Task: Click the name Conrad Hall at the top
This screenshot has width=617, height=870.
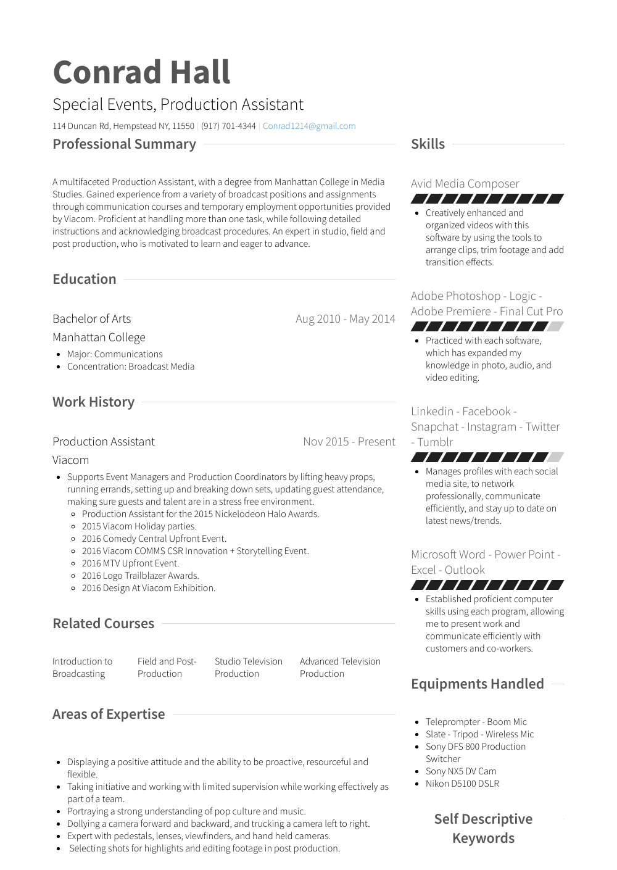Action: [x=141, y=72]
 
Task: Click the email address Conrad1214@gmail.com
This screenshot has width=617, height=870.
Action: [x=309, y=126]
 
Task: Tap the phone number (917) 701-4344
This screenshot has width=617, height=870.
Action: [x=228, y=126]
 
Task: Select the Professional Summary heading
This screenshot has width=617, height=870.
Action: [x=124, y=144]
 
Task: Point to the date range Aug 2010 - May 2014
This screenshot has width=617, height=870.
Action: [x=345, y=319]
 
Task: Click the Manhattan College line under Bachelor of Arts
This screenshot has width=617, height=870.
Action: [x=99, y=338]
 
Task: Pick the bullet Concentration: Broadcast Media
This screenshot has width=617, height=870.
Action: [x=131, y=367]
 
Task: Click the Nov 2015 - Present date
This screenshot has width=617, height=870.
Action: [x=349, y=442]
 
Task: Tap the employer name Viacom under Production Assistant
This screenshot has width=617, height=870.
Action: [x=70, y=460]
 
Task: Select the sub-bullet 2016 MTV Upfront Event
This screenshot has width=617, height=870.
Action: [x=130, y=563]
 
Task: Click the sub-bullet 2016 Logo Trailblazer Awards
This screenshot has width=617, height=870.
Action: [x=140, y=576]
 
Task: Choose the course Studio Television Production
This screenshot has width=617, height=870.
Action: [x=248, y=668]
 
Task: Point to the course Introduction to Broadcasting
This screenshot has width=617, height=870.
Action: [x=82, y=668]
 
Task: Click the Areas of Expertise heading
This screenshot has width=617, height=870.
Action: [x=109, y=715]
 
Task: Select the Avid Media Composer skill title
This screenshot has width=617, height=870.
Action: [x=465, y=184]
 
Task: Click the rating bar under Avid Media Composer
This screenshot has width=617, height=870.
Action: [x=487, y=199]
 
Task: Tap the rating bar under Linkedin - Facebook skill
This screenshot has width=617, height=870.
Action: [x=487, y=457]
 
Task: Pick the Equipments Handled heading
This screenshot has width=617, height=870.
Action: [x=477, y=684]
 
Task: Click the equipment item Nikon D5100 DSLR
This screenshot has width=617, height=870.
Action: [x=462, y=784]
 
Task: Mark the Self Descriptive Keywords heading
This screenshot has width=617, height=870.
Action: [x=483, y=829]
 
